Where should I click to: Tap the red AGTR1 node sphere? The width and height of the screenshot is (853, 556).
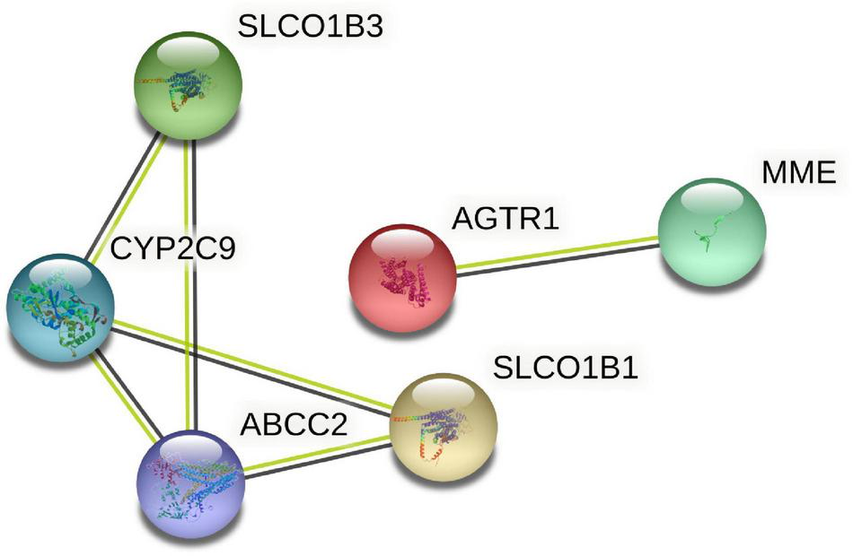pyautogui.click(x=402, y=277)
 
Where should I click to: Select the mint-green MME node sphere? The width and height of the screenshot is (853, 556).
pyautogui.click(x=711, y=230)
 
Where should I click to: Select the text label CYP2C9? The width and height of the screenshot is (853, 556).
pyautogui.click(x=172, y=248)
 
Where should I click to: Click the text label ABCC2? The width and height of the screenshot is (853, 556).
pyautogui.click(x=294, y=421)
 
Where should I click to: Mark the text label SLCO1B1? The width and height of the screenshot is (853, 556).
pyautogui.click(x=566, y=368)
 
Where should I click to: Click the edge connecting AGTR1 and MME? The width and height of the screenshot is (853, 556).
pyautogui.click(x=557, y=254)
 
